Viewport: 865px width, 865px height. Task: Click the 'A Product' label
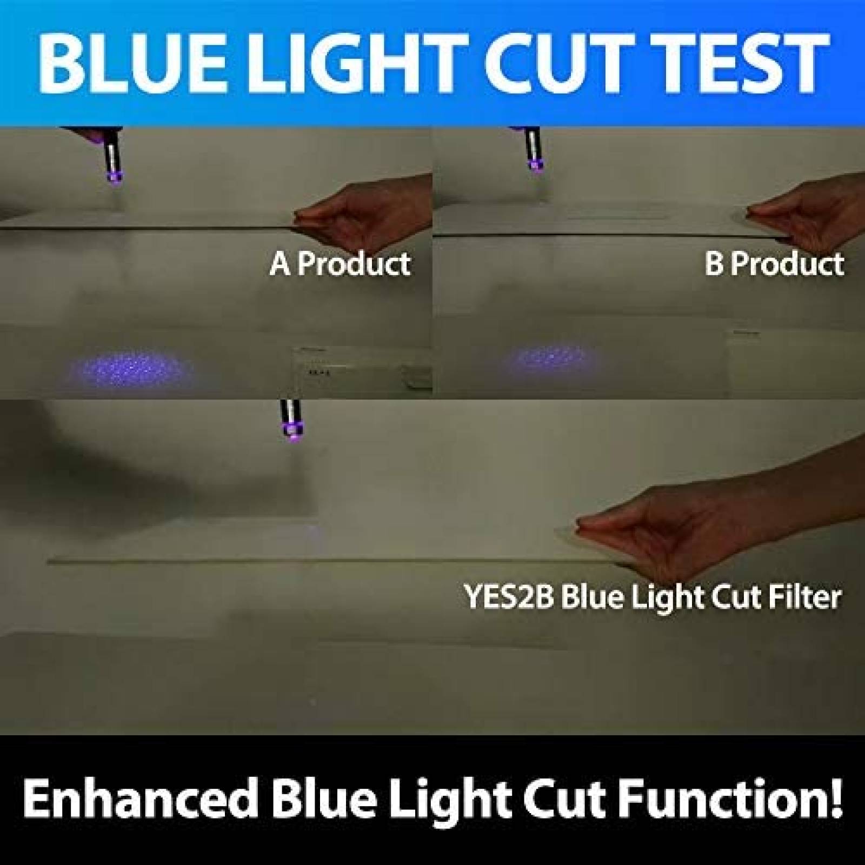tap(340, 263)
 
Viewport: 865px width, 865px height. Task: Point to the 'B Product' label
tap(774, 263)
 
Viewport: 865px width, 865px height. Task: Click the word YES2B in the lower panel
tap(508, 597)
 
